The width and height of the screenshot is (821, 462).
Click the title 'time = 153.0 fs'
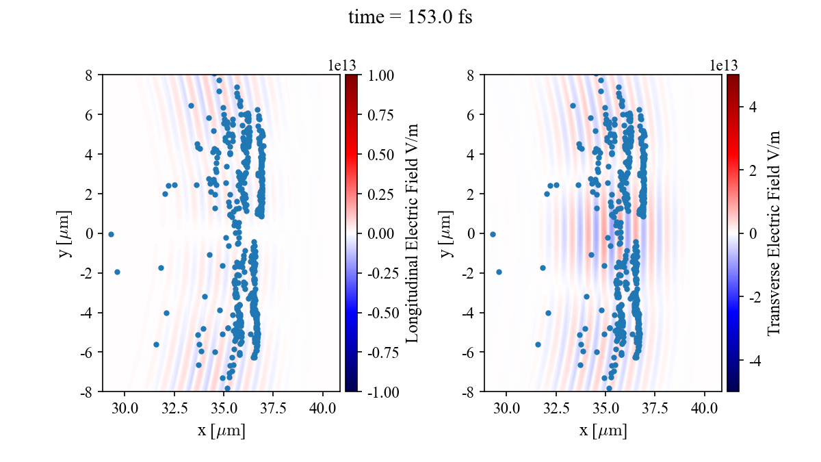click(410, 18)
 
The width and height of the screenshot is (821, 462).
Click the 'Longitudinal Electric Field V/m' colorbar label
click(413, 233)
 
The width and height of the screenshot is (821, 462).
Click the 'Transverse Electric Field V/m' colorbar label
click(774, 233)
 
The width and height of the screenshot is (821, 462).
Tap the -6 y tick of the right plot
click(470, 352)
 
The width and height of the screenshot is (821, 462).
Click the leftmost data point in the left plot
click(111, 234)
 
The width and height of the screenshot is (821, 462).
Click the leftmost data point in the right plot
click(493, 234)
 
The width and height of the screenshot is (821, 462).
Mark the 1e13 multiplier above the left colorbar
click(342, 66)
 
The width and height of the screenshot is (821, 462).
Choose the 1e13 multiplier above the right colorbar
click(724, 66)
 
